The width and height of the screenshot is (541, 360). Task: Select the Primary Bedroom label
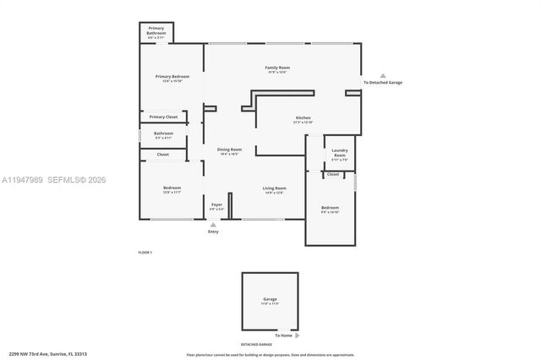(172, 77)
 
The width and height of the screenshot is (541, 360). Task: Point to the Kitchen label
(303, 118)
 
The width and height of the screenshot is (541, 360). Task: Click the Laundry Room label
(339, 153)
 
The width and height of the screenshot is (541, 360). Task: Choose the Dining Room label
(229, 150)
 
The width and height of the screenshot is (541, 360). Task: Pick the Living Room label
(274, 188)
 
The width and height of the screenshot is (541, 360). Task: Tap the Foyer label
(217, 205)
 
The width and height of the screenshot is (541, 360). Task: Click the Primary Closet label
(163, 117)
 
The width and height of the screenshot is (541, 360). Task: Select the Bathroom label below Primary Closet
(163, 134)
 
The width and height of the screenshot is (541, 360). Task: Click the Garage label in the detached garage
(270, 299)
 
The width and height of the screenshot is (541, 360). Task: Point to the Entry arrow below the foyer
(213, 225)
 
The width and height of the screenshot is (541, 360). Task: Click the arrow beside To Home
(298, 335)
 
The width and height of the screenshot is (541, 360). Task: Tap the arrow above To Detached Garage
(382, 75)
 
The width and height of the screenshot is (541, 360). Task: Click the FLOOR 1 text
(145, 253)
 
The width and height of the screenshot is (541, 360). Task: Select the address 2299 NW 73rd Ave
(48, 354)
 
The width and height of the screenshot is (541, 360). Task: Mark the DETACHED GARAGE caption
(256, 345)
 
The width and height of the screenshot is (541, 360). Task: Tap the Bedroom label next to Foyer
(172, 188)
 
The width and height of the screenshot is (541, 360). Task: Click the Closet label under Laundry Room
(333, 174)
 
